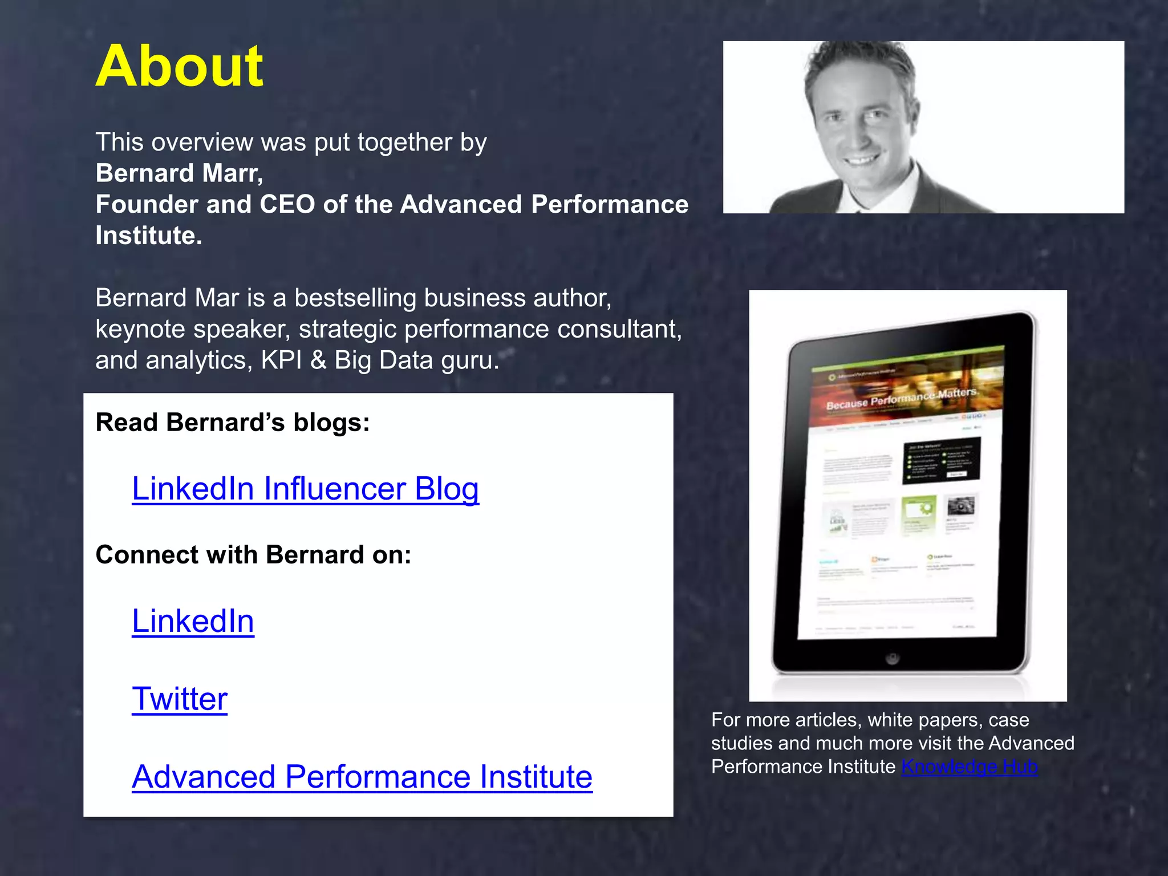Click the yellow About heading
(179, 67)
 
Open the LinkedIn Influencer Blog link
(305, 489)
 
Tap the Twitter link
(180, 699)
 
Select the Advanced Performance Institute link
(362, 777)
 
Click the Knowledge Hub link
(969, 767)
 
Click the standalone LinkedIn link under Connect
(193, 621)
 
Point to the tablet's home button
(893, 659)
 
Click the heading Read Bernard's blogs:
(233, 423)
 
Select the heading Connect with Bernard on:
(253, 555)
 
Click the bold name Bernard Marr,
(179, 173)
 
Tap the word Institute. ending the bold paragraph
(148, 236)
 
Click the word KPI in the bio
(281, 360)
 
